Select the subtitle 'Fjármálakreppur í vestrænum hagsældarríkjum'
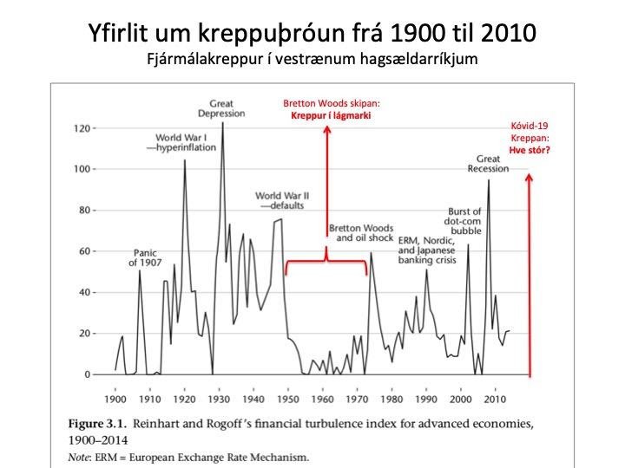(x=312, y=61)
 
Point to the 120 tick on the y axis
(x=81, y=128)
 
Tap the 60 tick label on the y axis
(x=84, y=251)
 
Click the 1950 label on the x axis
(x=287, y=400)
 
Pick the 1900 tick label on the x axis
(x=115, y=400)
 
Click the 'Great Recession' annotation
(x=493, y=163)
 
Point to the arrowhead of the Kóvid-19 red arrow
(x=529, y=178)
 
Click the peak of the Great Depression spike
(x=223, y=123)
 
